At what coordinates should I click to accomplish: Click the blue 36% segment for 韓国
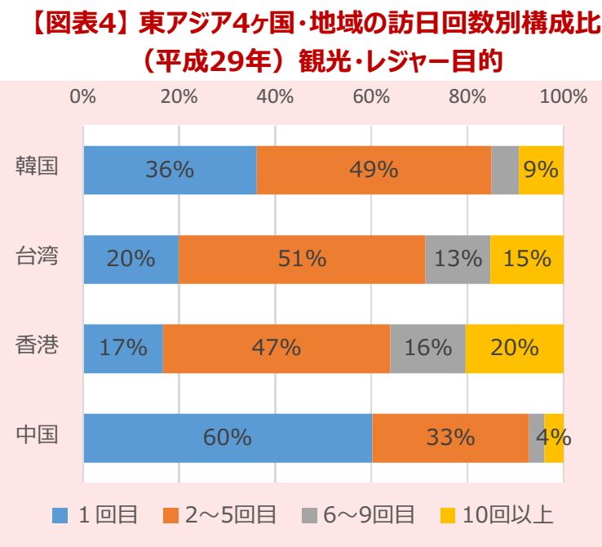click(x=170, y=170)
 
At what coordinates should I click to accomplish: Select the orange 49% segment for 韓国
click(x=374, y=170)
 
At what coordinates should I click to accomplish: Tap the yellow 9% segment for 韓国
click(x=542, y=170)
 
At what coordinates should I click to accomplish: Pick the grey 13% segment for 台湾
click(x=458, y=259)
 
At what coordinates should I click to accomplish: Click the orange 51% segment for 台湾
click(x=302, y=259)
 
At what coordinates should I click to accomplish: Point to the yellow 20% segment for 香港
click(x=515, y=348)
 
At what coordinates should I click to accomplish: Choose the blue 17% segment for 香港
click(x=123, y=348)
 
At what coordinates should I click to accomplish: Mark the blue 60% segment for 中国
click(x=227, y=438)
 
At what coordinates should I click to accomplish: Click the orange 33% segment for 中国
click(x=450, y=438)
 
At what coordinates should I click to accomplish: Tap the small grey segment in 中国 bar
click(x=537, y=438)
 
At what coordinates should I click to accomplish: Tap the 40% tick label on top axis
click(x=275, y=96)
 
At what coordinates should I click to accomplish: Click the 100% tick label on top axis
click(x=564, y=96)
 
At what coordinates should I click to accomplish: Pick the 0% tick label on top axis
click(x=83, y=96)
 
